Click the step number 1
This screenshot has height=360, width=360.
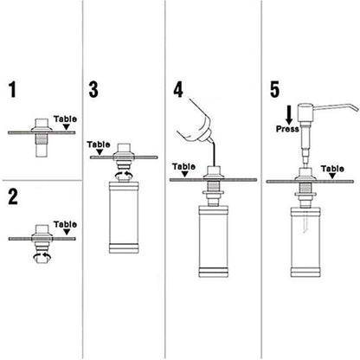(x=11, y=90)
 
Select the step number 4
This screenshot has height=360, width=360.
(x=179, y=90)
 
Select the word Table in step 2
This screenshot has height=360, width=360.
(x=66, y=222)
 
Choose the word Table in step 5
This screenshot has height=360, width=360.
(x=332, y=169)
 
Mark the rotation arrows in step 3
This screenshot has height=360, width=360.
(x=130, y=174)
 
